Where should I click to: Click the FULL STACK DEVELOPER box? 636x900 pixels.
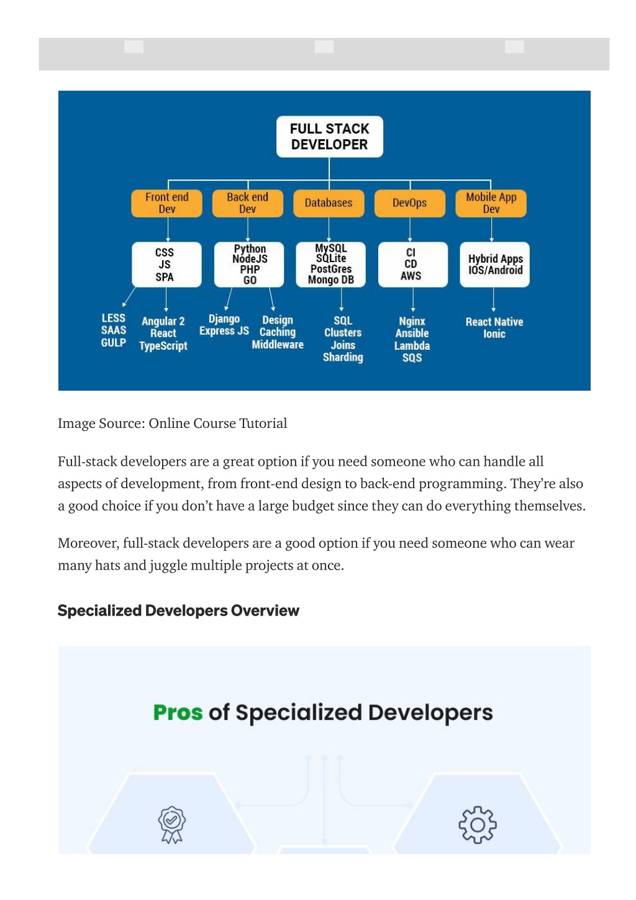click(329, 137)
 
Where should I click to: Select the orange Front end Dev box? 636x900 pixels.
click(166, 203)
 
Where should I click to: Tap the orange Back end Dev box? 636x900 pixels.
click(247, 203)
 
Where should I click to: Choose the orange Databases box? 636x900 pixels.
click(329, 203)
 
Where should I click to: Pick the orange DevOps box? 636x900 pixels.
click(410, 203)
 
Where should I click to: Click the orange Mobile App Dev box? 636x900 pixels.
click(491, 203)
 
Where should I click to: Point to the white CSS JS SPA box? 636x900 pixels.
click(166, 265)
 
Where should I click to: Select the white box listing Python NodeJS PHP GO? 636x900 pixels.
click(249, 265)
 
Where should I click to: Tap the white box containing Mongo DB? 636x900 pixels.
click(330, 265)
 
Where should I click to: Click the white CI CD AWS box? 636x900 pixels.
click(413, 265)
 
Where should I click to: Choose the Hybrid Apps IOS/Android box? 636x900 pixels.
click(494, 265)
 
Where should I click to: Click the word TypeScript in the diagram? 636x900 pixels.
click(163, 346)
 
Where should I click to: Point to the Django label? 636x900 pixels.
click(224, 319)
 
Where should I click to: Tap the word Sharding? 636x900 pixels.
click(343, 357)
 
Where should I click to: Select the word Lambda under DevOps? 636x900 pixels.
click(412, 346)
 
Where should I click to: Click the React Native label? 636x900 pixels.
click(494, 322)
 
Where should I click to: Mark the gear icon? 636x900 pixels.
click(478, 824)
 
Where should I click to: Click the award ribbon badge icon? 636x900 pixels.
click(171, 825)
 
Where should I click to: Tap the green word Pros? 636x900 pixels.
click(178, 713)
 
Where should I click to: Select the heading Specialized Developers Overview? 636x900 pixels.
click(178, 611)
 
